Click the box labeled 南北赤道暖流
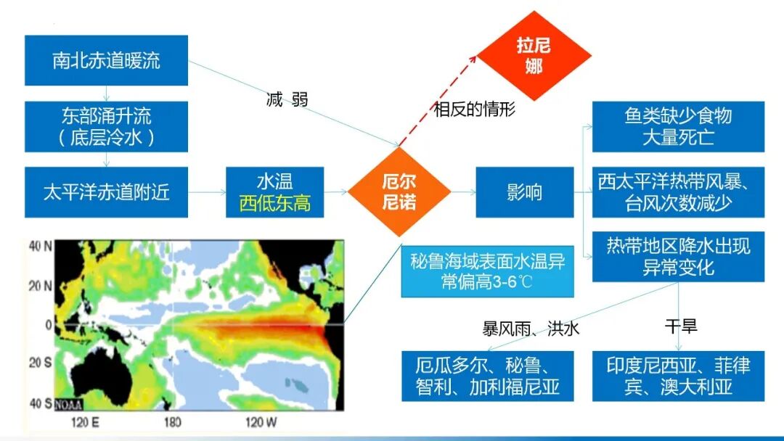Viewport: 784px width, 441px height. [106, 60]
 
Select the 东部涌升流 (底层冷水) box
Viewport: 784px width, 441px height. [106, 126]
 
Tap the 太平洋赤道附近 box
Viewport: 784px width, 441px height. [106, 192]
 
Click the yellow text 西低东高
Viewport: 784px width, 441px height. [274, 203]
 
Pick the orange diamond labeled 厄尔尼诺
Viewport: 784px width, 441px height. [399, 191]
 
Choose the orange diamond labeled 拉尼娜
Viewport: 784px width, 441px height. [534, 56]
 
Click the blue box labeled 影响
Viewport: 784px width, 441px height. [523, 192]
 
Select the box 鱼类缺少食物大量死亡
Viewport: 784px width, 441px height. [678, 126]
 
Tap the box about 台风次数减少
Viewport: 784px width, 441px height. [678, 192]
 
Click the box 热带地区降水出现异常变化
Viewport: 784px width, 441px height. [678, 257]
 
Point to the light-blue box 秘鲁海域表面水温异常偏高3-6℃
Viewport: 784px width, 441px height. [487, 271]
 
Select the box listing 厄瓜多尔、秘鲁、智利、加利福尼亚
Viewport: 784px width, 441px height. [487, 376]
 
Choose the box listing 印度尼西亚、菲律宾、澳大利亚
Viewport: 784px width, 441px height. [678, 376]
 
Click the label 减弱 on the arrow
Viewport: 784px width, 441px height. [287, 99]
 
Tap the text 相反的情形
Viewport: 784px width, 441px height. [474, 110]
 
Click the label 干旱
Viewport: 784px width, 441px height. [681, 326]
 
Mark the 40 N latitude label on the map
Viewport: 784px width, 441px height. [39, 246]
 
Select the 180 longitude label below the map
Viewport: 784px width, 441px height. [172, 422]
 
